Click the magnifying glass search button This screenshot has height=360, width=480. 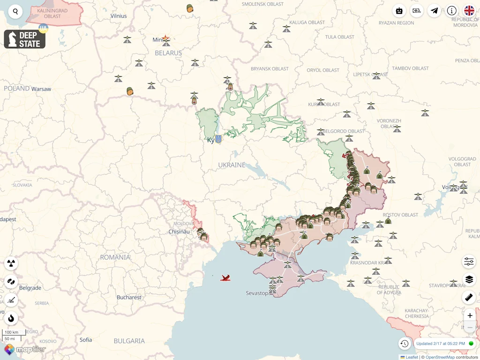coord(15,12)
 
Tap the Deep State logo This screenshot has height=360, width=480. coord(25,39)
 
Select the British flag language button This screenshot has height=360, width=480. coord(469,11)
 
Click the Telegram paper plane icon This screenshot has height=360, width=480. coord(435,11)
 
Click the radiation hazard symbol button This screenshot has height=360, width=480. coord(11,263)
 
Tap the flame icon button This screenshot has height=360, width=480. coord(11,318)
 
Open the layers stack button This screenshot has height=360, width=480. coord(469,280)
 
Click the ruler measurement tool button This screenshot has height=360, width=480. coord(469,297)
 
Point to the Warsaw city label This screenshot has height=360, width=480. coord(41,89)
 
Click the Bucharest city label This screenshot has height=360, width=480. coord(129,297)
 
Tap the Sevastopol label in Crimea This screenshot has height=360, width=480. coord(257,293)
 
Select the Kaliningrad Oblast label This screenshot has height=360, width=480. coord(52,13)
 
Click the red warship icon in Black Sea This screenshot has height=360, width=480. coord(225,278)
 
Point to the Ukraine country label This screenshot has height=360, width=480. coord(232,165)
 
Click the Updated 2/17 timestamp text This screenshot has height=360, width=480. coord(441,344)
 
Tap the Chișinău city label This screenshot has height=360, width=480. coord(180,232)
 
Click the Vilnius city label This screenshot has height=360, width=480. coord(119,16)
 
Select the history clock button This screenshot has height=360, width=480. coord(405,344)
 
